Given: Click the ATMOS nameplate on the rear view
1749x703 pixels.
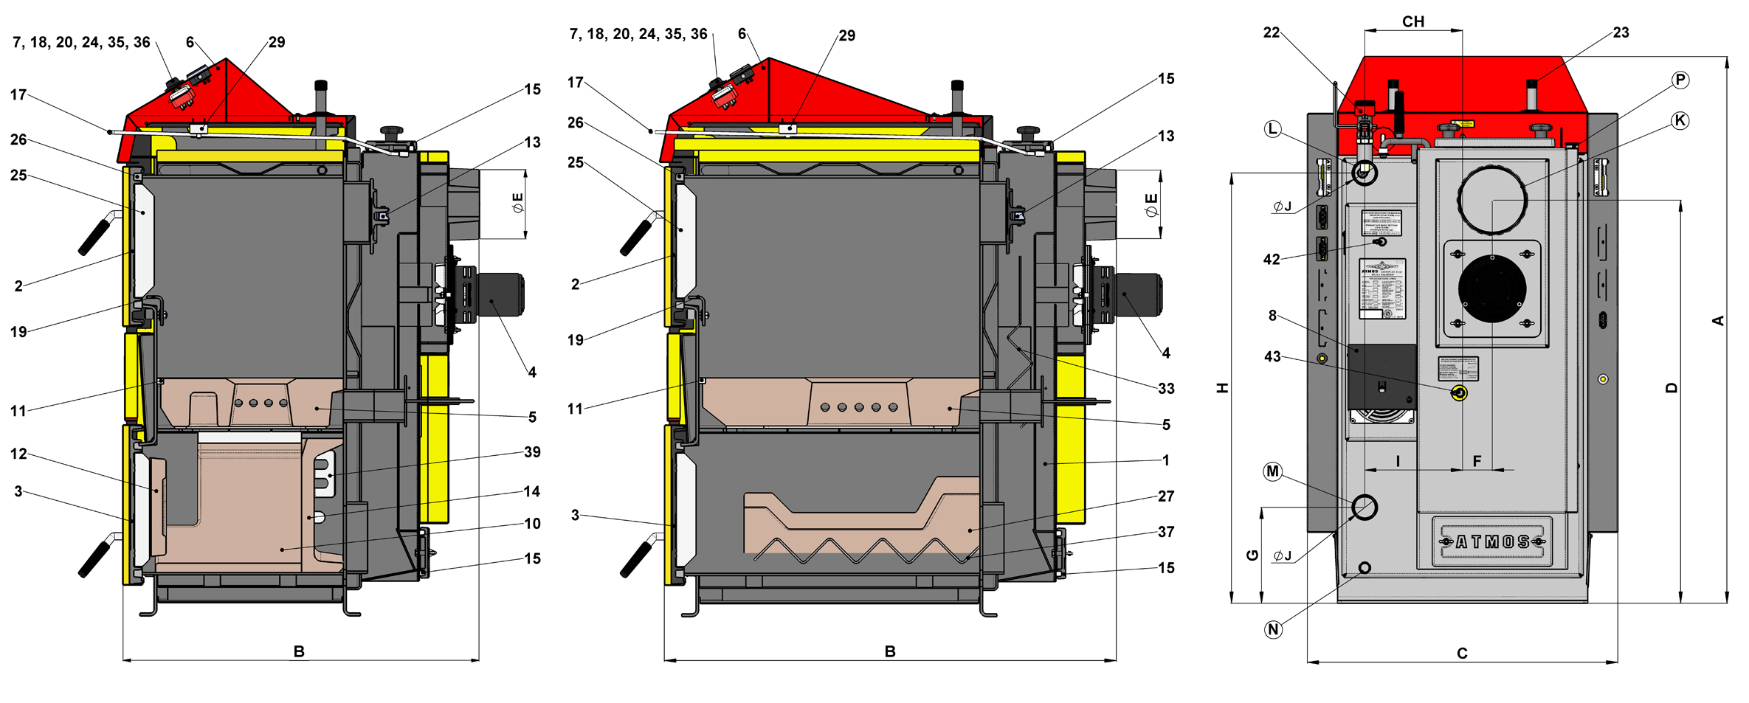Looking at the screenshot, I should click(x=1492, y=541).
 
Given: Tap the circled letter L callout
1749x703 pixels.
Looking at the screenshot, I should click(x=1273, y=129).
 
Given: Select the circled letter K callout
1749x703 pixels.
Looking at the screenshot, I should click(x=1680, y=120).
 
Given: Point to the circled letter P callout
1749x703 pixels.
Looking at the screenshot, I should click(x=1680, y=80).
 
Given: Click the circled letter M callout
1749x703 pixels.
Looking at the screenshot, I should click(x=1273, y=471).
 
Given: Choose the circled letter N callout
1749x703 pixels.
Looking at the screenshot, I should click(x=1273, y=629).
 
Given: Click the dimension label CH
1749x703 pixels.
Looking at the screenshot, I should click(x=1413, y=22).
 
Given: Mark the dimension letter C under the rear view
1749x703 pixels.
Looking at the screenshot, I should click(x=1462, y=653).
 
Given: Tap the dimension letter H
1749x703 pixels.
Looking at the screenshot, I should click(x=1222, y=388).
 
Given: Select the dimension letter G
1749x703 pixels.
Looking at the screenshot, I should click(x=1252, y=555).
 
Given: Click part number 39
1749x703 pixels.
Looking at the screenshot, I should click(x=532, y=452).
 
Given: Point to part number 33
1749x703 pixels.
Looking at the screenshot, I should click(x=1166, y=389).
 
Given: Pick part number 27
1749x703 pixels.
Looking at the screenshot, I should click(x=1166, y=496).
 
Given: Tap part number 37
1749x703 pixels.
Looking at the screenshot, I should click(x=1166, y=532).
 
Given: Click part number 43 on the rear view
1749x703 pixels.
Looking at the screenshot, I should click(x=1272, y=357).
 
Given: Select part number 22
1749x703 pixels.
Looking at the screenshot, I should click(x=1272, y=32).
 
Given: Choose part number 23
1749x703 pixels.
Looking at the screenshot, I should click(x=1621, y=32).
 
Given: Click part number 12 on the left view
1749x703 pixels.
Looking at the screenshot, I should click(x=18, y=454).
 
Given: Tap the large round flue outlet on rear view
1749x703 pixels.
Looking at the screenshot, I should click(x=1492, y=200).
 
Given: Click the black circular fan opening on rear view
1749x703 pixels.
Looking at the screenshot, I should click(x=1492, y=288).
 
